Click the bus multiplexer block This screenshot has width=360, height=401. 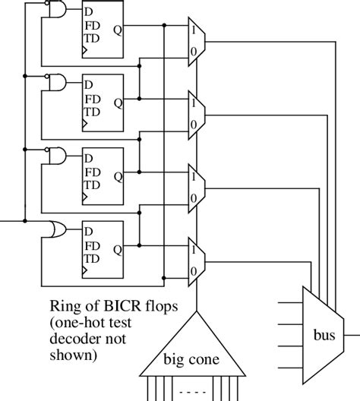click(323, 332)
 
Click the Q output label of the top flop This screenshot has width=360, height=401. click(118, 31)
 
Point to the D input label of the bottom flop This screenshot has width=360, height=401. click(89, 231)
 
